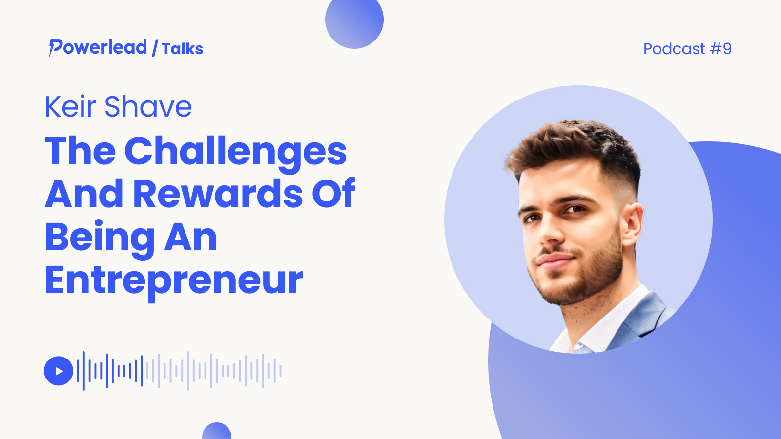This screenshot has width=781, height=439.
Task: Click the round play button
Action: pos(59,371)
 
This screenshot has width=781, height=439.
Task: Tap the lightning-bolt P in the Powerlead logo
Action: pos(56,48)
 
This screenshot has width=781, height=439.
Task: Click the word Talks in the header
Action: pos(183,49)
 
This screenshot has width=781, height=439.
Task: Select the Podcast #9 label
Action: pos(687,49)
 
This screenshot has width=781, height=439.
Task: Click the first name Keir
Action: pos(70,106)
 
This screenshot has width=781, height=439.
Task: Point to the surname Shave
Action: pos(148,106)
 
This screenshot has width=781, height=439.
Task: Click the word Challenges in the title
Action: pos(235,152)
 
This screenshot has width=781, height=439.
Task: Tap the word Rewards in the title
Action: pos(218,194)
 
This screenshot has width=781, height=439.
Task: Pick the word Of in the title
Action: pos(333,193)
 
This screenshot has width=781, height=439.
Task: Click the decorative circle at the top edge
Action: pos(354,21)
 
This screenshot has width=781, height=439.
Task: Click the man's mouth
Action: pos(555,259)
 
